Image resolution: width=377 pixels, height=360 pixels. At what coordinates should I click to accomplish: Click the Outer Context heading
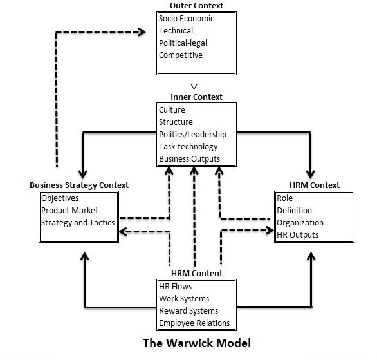click(x=192, y=6)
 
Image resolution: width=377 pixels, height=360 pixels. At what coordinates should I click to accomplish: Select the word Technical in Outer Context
click(x=176, y=31)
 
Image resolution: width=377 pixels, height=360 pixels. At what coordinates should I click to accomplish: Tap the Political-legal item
click(x=183, y=43)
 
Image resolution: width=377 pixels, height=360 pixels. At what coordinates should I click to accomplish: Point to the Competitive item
click(x=181, y=55)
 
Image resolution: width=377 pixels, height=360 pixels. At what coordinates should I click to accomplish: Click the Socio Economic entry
click(x=187, y=19)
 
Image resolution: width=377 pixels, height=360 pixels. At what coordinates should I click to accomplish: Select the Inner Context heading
click(x=197, y=97)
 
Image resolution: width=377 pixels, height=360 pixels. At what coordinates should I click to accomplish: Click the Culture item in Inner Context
click(x=172, y=110)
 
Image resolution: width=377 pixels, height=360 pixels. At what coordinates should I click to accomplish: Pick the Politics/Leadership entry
click(x=193, y=135)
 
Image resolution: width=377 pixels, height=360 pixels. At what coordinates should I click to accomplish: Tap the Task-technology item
click(x=188, y=147)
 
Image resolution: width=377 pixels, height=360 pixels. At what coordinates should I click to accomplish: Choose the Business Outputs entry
click(x=189, y=159)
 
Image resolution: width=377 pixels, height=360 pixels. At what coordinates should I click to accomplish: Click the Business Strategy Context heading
click(x=79, y=185)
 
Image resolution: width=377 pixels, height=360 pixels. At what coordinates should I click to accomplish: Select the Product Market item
click(x=69, y=211)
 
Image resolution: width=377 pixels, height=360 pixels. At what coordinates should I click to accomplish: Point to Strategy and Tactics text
click(x=78, y=223)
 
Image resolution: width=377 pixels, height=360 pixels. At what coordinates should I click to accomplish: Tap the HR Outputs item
click(x=297, y=235)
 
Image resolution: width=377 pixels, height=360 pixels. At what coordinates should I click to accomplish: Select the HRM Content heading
click(x=196, y=274)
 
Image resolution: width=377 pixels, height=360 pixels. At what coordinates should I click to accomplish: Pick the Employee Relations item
click(x=194, y=323)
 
